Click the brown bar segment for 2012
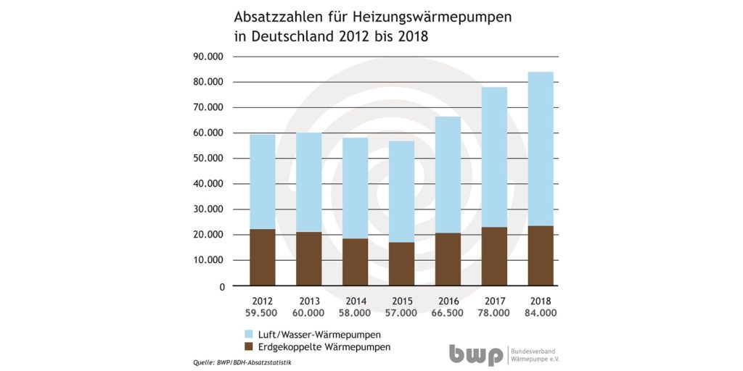click(x=262, y=257)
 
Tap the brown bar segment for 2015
click(x=401, y=264)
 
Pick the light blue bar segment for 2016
click(x=448, y=175)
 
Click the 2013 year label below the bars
click(x=308, y=301)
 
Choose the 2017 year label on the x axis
click(x=494, y=301)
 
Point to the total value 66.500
click(x=448, y=313)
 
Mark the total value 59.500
click(x=262, y=313)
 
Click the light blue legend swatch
click(x=249, y=334)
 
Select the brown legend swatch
click(x=249, y=347)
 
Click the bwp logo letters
click(x=475, y=354)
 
